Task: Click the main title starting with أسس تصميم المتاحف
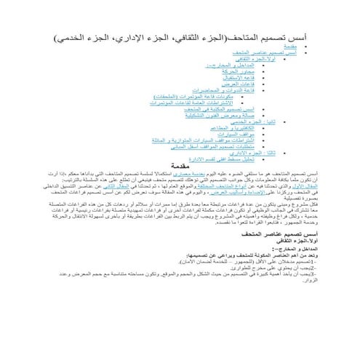(x=180, y=36)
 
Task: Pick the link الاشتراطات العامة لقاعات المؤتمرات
(x=192, y=103)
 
